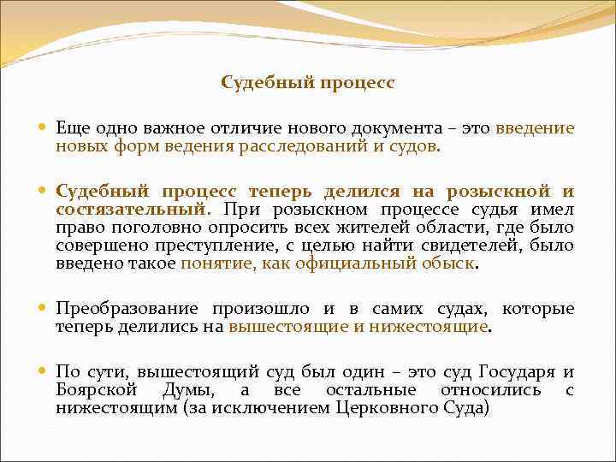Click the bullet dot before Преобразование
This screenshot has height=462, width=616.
[43, 309]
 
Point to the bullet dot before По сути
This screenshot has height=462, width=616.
[43, 372]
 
